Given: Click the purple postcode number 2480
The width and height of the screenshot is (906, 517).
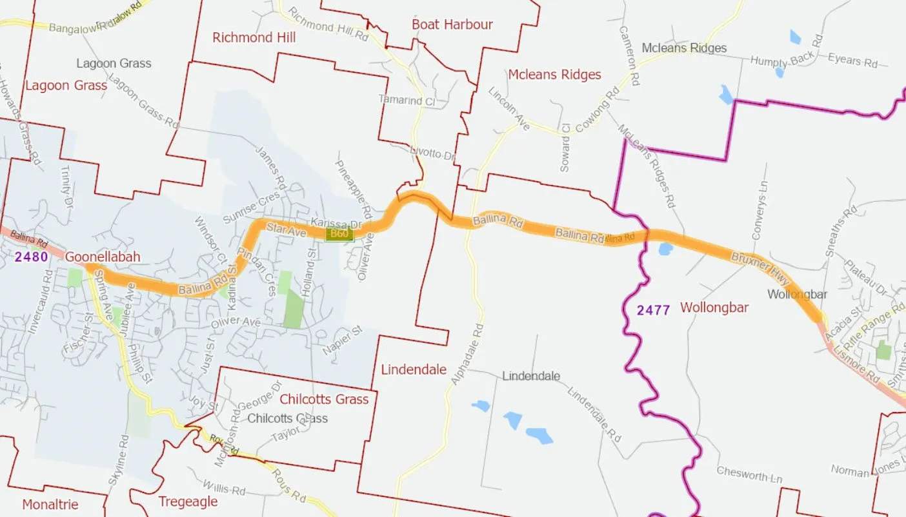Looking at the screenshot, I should [31, 257].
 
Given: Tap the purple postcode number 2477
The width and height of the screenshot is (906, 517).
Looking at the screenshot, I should [653, 310].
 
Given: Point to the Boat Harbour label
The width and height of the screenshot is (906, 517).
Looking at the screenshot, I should [452, 24].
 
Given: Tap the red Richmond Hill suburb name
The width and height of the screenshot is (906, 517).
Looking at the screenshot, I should [254, 37].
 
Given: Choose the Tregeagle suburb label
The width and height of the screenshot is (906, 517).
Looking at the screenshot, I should [188, 502].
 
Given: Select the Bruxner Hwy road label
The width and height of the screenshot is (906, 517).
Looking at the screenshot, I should [760, 268].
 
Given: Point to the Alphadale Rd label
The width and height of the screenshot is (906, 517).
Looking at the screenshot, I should [467, 355].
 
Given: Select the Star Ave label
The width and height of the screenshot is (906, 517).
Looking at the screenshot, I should [285, 229].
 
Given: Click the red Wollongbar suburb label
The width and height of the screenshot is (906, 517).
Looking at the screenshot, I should [714, 307].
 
